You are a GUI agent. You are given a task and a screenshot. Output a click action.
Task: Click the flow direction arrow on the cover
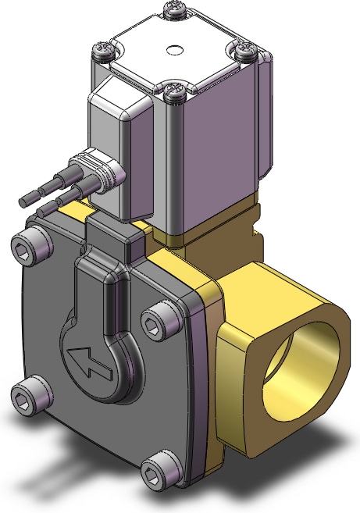click(87, 360)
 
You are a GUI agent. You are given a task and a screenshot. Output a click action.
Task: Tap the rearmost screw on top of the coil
click(173, 10)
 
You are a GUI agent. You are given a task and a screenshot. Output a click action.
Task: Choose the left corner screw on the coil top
click(103, 51)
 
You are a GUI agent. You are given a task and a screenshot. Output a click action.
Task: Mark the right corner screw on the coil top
click(245, 50)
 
